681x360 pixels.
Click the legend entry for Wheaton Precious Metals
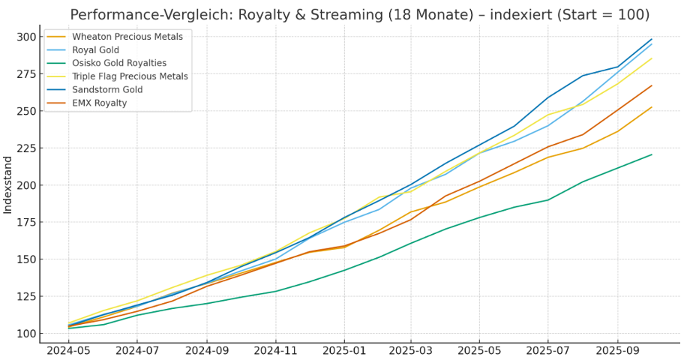(127, 36)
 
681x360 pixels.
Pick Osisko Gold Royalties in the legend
(118, 63)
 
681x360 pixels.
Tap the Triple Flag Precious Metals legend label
(130, 76)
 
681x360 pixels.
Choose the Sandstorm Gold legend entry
(107, 90)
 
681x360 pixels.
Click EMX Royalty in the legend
(99, 103)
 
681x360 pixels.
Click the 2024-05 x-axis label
(68, 350)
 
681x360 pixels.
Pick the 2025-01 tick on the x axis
(344, 350)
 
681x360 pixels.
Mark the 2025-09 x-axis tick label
(618, 350)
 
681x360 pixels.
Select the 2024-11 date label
(275, 350)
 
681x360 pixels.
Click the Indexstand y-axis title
(8, 184)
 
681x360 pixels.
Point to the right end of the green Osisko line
(652, 154)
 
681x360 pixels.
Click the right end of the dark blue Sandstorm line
(652, 39)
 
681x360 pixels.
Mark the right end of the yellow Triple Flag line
(652, 58)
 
